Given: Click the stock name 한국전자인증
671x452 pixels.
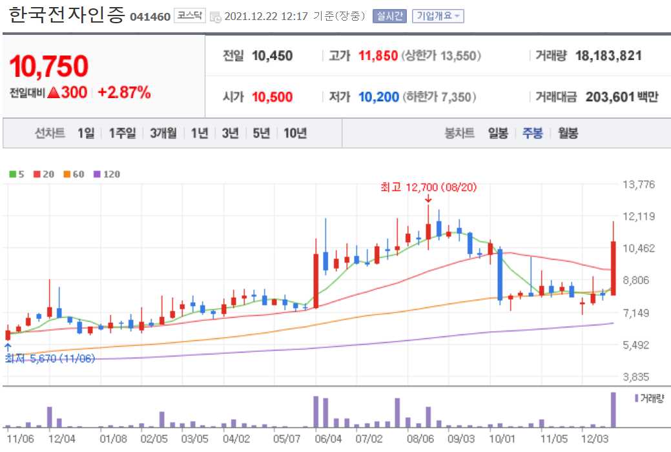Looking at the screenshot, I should [x=66, y=15].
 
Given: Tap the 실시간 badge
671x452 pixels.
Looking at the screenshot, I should [x=389, y=16].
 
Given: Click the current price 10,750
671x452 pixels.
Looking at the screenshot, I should [x=49, y=66].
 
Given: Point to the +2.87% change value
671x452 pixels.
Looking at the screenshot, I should [x=124, y=92].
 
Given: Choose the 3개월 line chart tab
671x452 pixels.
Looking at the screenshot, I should [x=163, y=134].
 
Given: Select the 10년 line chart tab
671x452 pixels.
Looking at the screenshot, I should [x=294, y=134].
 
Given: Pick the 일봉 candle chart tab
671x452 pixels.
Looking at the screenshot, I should [x=498, y=134].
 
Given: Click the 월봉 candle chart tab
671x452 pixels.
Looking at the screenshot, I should [x=568, y=134].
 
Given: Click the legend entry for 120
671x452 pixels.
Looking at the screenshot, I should [x=108, y=174].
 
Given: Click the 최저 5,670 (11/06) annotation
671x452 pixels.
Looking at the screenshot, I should [x=50, y=358].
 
